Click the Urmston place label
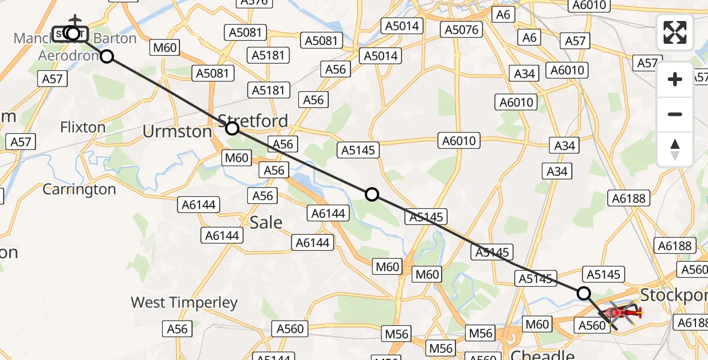pos(177,131)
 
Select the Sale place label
pos(266,222)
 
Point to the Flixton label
pos(83,127)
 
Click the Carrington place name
pos(79,190)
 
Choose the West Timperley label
pos(184,302)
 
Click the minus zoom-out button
pos(675,114)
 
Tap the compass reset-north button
pos(675,149)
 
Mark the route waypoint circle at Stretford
pos(232,128)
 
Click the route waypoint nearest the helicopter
pos(584,293)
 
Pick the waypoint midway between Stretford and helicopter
pos(372,194)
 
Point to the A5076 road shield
pos(459,29)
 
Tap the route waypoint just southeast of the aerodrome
pos(106,56)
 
